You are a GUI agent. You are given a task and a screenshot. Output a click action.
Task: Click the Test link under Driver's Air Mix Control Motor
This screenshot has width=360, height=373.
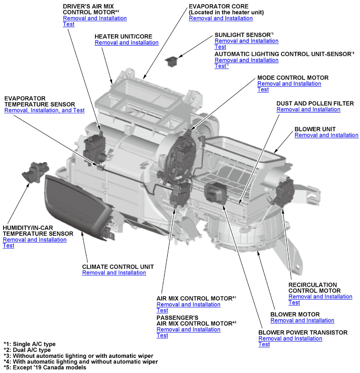click(x=68, y=24)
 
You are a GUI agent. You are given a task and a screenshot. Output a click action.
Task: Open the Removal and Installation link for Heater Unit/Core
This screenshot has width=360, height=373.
click(x=126, y=43)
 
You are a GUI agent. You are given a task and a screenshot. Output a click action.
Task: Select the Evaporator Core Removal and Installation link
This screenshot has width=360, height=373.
click(x=220, y=18)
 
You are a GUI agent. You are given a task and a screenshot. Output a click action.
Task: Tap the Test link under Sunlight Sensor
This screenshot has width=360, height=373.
click(x=220, y=47)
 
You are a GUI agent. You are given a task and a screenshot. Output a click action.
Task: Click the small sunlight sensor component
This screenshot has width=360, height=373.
click(x=172, y=61)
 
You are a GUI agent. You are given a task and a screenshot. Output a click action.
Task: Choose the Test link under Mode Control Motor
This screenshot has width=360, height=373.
click(x=263, y=89)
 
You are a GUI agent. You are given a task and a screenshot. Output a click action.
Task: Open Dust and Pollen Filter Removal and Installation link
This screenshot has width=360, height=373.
click(x=308, y=110)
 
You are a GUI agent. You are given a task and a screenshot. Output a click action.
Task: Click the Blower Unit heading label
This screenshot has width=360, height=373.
click(x=315, y=129)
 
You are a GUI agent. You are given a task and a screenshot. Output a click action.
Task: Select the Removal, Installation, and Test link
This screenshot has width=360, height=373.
click(x=44, y=111)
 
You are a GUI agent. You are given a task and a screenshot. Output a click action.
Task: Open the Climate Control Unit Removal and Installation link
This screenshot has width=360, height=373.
click(x=114, y=273)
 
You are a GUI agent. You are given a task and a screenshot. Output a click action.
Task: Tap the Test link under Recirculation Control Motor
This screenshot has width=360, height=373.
click(x=294, y=302)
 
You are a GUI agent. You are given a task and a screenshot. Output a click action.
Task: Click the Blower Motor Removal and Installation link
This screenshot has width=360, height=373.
click(x=302, y=320)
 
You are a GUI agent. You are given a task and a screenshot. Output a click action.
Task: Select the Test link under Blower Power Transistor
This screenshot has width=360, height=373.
click(x=264, y=344)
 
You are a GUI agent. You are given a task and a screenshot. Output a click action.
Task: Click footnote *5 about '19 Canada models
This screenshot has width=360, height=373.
click(x=45, y=367)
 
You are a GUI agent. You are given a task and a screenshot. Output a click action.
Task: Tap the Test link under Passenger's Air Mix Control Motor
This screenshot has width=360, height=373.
click(x=162, y=335)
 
